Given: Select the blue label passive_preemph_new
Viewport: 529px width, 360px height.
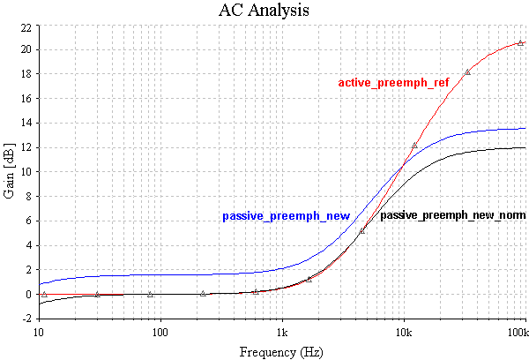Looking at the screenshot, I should coord(287,216).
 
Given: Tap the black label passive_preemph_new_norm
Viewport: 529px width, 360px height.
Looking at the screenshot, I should coord(453,215).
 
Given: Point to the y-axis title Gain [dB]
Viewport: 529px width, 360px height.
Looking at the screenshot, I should coord(10,172).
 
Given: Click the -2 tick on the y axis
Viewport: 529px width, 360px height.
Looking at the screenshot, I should coord(26,319).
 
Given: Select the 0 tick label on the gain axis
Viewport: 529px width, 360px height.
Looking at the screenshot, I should coord(29,294).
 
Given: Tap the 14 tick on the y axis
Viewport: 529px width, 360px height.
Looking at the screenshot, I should coord(26,124).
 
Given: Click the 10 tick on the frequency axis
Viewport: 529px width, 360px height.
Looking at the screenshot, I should coord(39,333).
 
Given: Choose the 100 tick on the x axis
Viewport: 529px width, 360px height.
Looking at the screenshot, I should coord(160,333).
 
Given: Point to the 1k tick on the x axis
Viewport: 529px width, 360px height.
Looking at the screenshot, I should coord(282,333).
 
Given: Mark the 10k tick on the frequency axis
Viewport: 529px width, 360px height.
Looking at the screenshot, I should coord(404,333).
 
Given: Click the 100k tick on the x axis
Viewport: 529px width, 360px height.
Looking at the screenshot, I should coord(519,333).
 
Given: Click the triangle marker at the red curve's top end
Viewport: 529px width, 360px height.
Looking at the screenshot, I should coord(521,42).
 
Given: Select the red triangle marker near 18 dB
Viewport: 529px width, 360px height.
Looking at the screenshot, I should coord(467,72).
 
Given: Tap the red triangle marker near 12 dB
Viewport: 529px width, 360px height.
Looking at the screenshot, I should coord(414,146).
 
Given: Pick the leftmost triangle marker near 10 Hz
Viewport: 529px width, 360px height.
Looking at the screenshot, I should coord(44,294).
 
